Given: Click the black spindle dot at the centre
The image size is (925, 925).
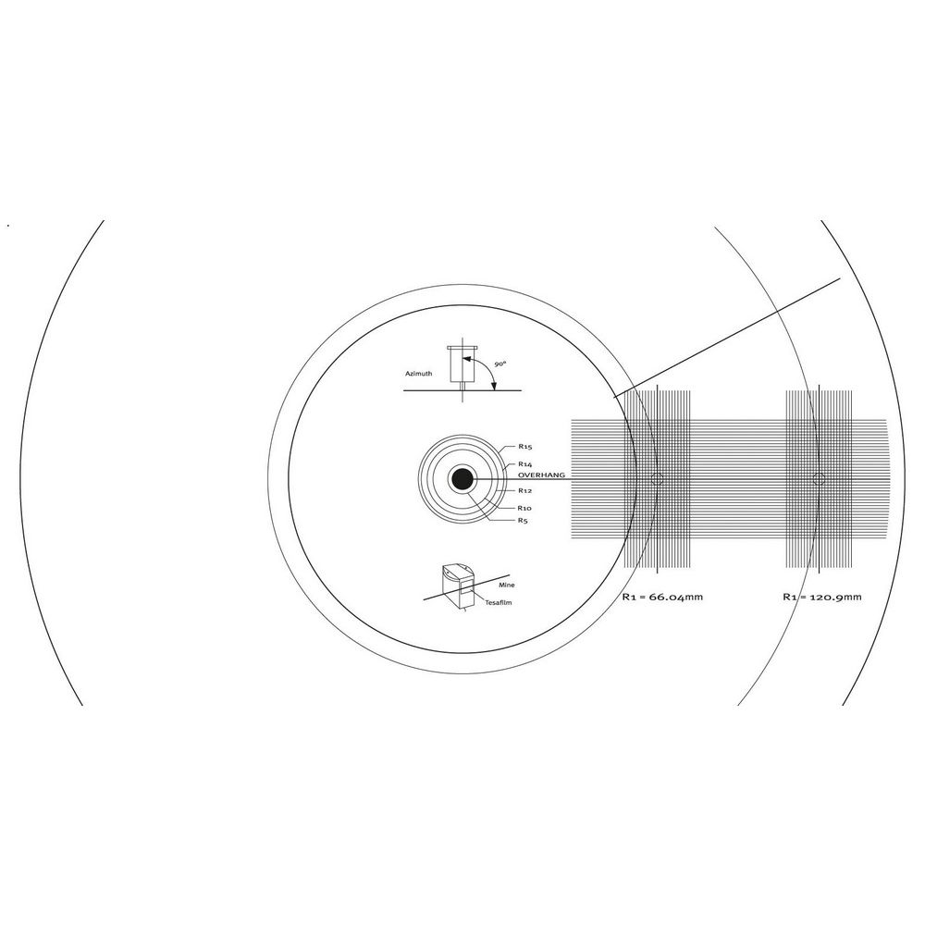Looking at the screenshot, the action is point(462,479).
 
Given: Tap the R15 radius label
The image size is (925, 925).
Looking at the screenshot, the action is point(525,447).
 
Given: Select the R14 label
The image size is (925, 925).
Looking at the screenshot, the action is point(525,464).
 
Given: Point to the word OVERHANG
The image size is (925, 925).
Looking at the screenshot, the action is point(541,475).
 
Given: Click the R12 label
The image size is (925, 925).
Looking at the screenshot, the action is point(525,490).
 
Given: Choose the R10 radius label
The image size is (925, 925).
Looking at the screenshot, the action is point(524,508).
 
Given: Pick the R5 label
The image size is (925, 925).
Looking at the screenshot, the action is point(523,520).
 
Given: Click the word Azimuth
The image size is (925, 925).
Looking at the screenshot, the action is point(418,374).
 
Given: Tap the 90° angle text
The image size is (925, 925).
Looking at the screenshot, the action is point(500,364).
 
